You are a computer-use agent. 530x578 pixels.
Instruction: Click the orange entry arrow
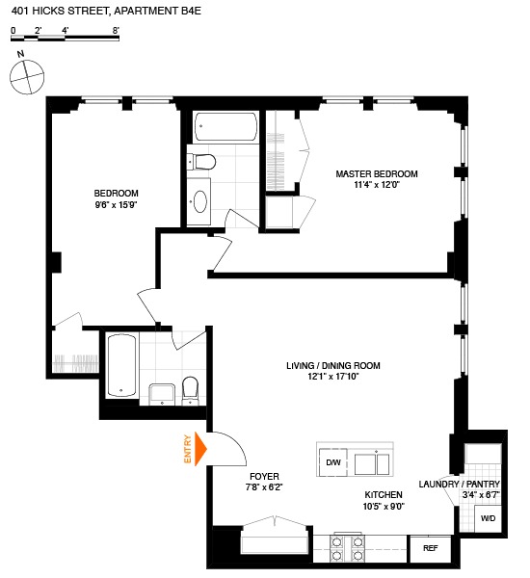(202, 449)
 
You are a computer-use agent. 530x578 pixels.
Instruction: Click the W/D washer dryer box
(489, 519)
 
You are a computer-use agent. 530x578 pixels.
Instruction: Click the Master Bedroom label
(377, 174)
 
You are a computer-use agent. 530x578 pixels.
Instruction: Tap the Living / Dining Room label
(333, 366)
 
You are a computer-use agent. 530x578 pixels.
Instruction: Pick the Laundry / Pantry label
(460, 484)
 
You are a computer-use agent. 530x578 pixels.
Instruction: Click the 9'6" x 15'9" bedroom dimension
(117, 205)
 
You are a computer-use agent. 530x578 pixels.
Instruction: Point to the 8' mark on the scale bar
(116, 31)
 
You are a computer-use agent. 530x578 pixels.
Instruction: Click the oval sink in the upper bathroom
(201, 200)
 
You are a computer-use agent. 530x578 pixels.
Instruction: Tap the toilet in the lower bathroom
(189, 388)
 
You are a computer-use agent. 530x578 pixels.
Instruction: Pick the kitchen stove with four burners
(348, 548)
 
